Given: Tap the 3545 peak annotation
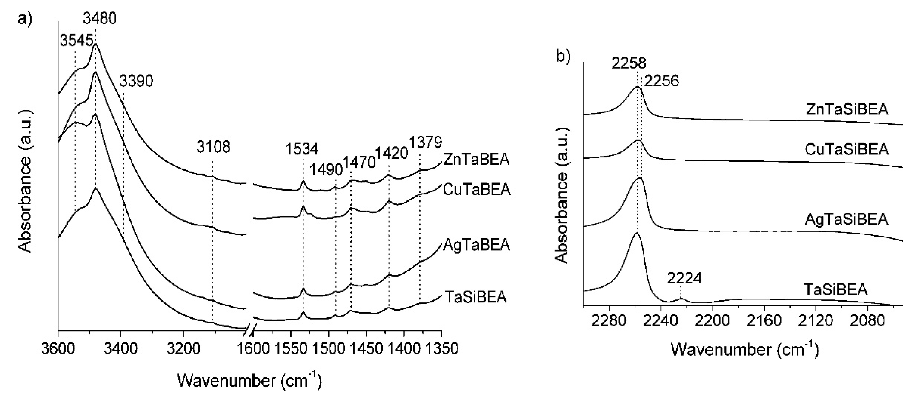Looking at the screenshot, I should pyautogui.click(x=76, y=40).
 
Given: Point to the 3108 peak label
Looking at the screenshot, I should pyautogui.click(x=213, y=147).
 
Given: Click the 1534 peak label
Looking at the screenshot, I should pyautogui.click(x=302, y=149).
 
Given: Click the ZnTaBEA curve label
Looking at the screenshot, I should pyautogui.click(x=476, y=160).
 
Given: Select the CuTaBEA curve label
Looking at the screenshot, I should pyautogui.click(x=477, y=190).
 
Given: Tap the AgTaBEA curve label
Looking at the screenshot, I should pyautogui.click(x=476, y=245).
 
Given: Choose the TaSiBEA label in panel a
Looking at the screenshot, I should pyautogui.click(x=475, y=297).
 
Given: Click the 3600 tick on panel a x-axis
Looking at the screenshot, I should pyautogui.click(x=58, y=349).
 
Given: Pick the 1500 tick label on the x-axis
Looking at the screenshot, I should pyautogui.click(x=328, y=349).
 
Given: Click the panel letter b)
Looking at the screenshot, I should pyautogui.click(x=563, y=57).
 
